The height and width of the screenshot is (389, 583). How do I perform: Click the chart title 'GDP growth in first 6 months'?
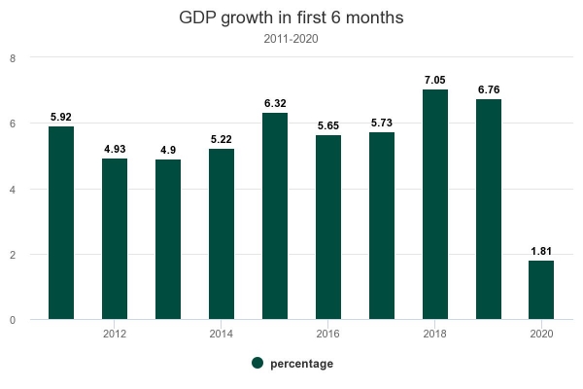pyautogui.click(x=291, y=18)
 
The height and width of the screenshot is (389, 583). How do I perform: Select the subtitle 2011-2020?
pyautogui.click(x=291, y=40)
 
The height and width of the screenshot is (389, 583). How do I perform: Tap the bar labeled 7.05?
pyautogui.click(x=435, y=204)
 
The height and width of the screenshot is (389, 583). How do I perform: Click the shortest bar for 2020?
pyautogui.click(x=542, y=290)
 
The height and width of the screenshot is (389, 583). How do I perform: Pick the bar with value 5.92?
pyautogui.click(x=61, y=223)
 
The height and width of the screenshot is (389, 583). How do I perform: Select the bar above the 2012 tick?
pyautogui.click(x=115, y=238)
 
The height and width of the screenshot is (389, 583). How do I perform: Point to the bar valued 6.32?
pyautogui.click(x=275, y=216)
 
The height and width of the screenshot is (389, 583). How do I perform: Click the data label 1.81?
pyautogui.click(x=542, y=251)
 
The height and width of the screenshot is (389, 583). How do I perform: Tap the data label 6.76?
pyautogui.click(x=489, y=90)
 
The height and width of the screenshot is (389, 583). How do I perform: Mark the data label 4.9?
pyautogui.click(x=168, y=151)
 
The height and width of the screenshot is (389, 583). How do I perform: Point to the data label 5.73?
pyautogui.click(x=382, y=124)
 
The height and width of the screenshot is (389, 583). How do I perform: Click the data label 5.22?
pyautogui.click(x=222, y=140)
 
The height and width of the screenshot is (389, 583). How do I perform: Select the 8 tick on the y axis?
pyautogui.click(x=12, y=58)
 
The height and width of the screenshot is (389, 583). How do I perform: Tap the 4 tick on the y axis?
pyautogui.click(x=12, y=189)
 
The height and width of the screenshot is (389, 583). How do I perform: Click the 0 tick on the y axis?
pyautogui.click(x=12, y=320)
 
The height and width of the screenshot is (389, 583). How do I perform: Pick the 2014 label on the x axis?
pyautogui.click(x=222, y=335)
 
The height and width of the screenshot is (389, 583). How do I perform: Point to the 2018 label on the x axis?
pyautogui.click(x=435, y=335)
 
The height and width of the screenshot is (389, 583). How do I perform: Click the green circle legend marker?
pyautogui.click(x=257, y=363)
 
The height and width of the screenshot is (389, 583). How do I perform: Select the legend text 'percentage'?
pyautogui.click(x=302, y=364)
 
